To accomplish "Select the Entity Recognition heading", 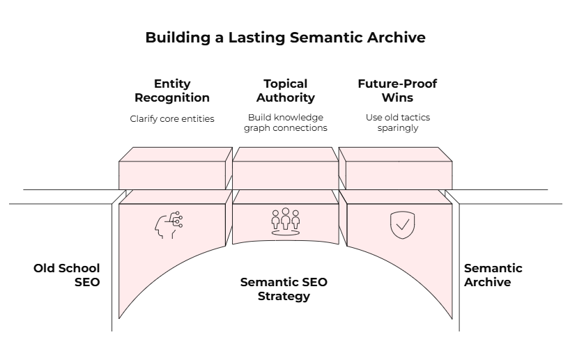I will [x=172, y=91].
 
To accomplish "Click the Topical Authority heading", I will [x=286, y=91].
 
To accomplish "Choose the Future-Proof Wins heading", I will [x=397, y=91].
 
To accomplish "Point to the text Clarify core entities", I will [x=172, y=118].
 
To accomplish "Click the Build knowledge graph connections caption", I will [x=286, y=123].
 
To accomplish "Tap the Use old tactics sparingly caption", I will [x=397, y=123].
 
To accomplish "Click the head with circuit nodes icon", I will [x=168, y=224].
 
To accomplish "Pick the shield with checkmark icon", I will [x=400, y=225].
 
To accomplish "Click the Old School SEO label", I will [x=67, y=275].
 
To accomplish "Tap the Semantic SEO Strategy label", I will [x=284, y=289].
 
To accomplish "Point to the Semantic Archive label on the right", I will [x=493, y=275].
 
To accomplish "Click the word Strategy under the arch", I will [x=284, y=296].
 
